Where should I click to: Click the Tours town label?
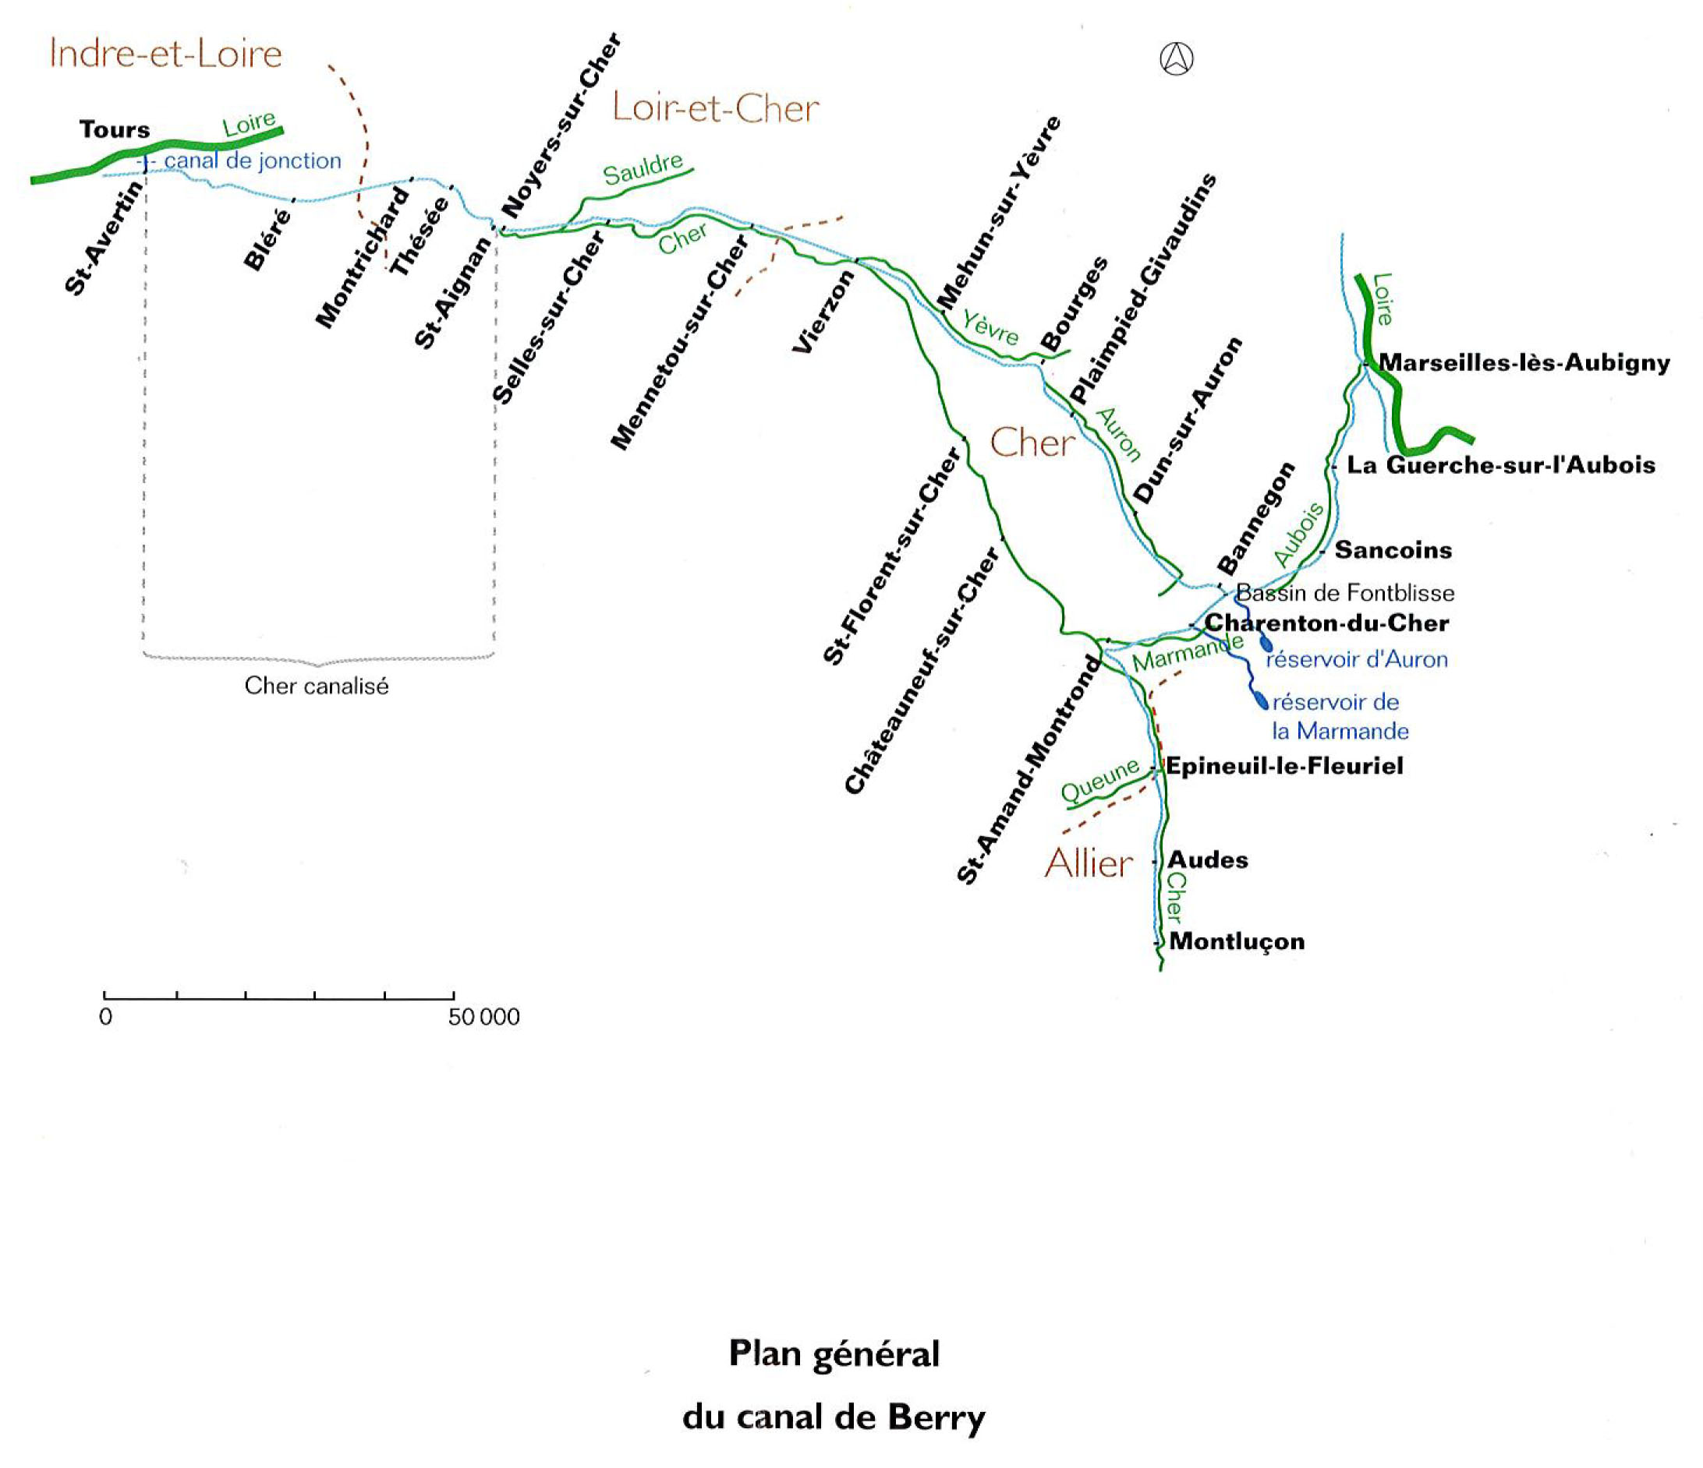[x=115, y=130]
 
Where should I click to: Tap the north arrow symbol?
[x=1176, y=59]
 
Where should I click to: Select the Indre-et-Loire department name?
[x=166, y=55]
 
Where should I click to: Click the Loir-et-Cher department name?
[x=715, y=108]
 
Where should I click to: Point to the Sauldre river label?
[x=643, y=169]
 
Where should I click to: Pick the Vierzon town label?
[x=823, y=312]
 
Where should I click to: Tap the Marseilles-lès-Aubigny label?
[x=1524, y=363]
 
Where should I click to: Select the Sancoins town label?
[x=1393, y=550]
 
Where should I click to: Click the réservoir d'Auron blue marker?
[x=1266, y=644]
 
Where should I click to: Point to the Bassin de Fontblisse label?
[x=1345, y=593]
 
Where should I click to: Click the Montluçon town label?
[x=1237, y=941]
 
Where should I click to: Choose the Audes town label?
[x=1207, y=860]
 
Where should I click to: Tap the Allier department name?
[x=1089, y=863]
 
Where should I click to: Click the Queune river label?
[x=1099, y=781]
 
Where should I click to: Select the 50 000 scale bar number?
[x=484, y=1017]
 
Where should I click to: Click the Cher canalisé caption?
[x=317, y=686]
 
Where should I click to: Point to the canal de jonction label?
[x=253, y=161]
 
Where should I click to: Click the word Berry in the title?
[x=936, y=1418]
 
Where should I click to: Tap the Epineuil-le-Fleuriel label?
[x=1284, y=767]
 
